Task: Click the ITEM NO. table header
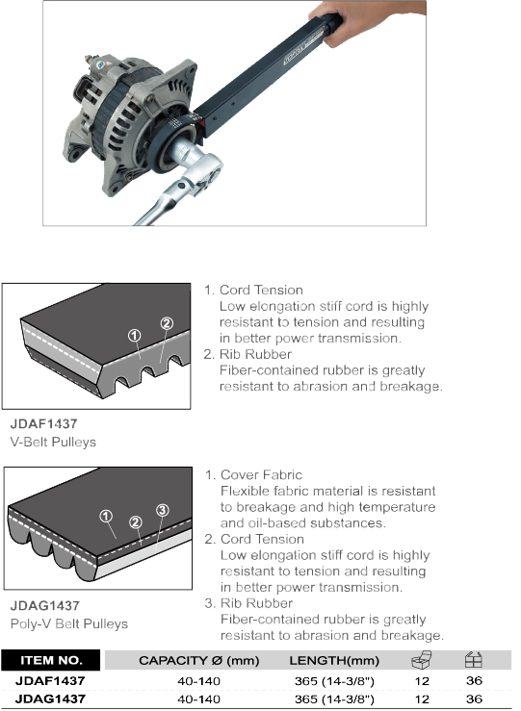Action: click(51, 660)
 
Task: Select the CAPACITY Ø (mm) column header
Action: click(198, 661)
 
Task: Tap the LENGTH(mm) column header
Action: click(334, 661)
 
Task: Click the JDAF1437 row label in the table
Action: click(50, 680)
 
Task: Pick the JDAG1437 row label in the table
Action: click(50, 698)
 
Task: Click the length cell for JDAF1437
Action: click(334, 681)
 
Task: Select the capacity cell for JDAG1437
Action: click(198, 699)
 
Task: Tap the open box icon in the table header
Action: click(422, 660)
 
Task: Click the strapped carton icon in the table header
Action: click(474, 660)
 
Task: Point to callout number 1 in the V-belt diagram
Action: click(134, 336)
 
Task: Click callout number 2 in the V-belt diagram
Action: click(167, 323)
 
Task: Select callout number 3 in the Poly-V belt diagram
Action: click(163, 510)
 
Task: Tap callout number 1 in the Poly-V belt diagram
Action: click(106, 516)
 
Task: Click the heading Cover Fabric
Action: click(261, 474)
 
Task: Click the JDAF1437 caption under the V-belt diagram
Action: click(43, 424)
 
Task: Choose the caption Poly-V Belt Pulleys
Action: click(69, 624)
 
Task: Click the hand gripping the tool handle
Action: click(372, 20)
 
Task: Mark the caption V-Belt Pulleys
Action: click(53, 443)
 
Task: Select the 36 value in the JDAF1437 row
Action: click(474, 680)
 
